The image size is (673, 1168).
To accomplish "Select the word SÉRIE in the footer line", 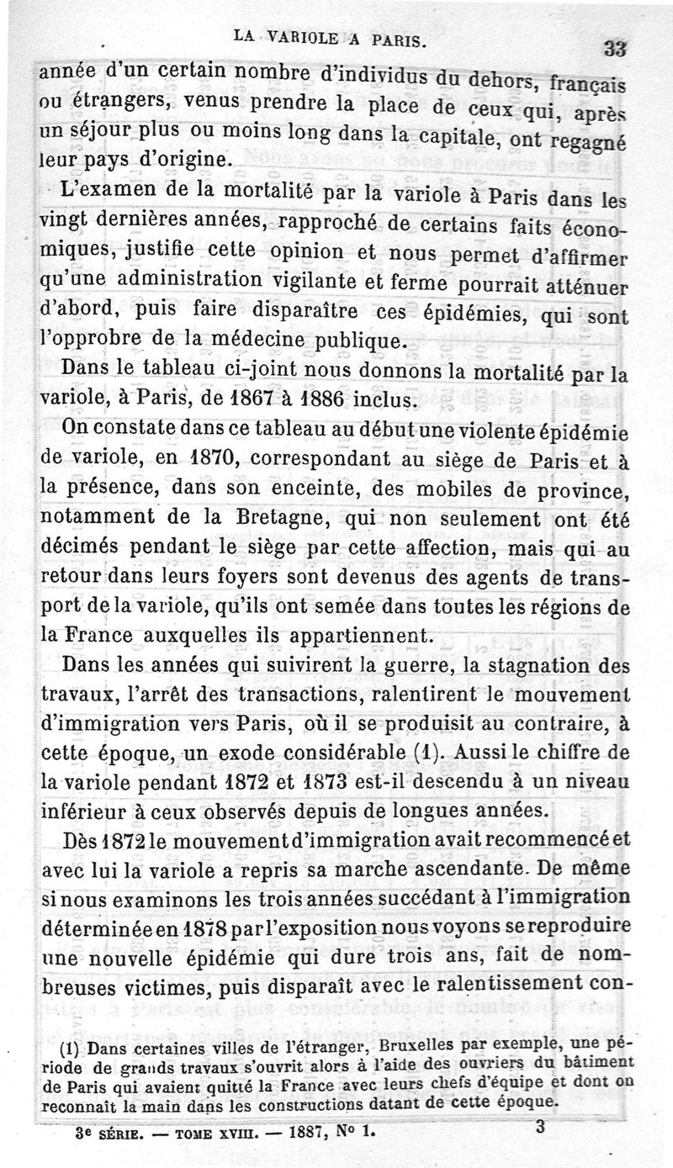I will pyautogui.click(x=122, y=1132).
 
